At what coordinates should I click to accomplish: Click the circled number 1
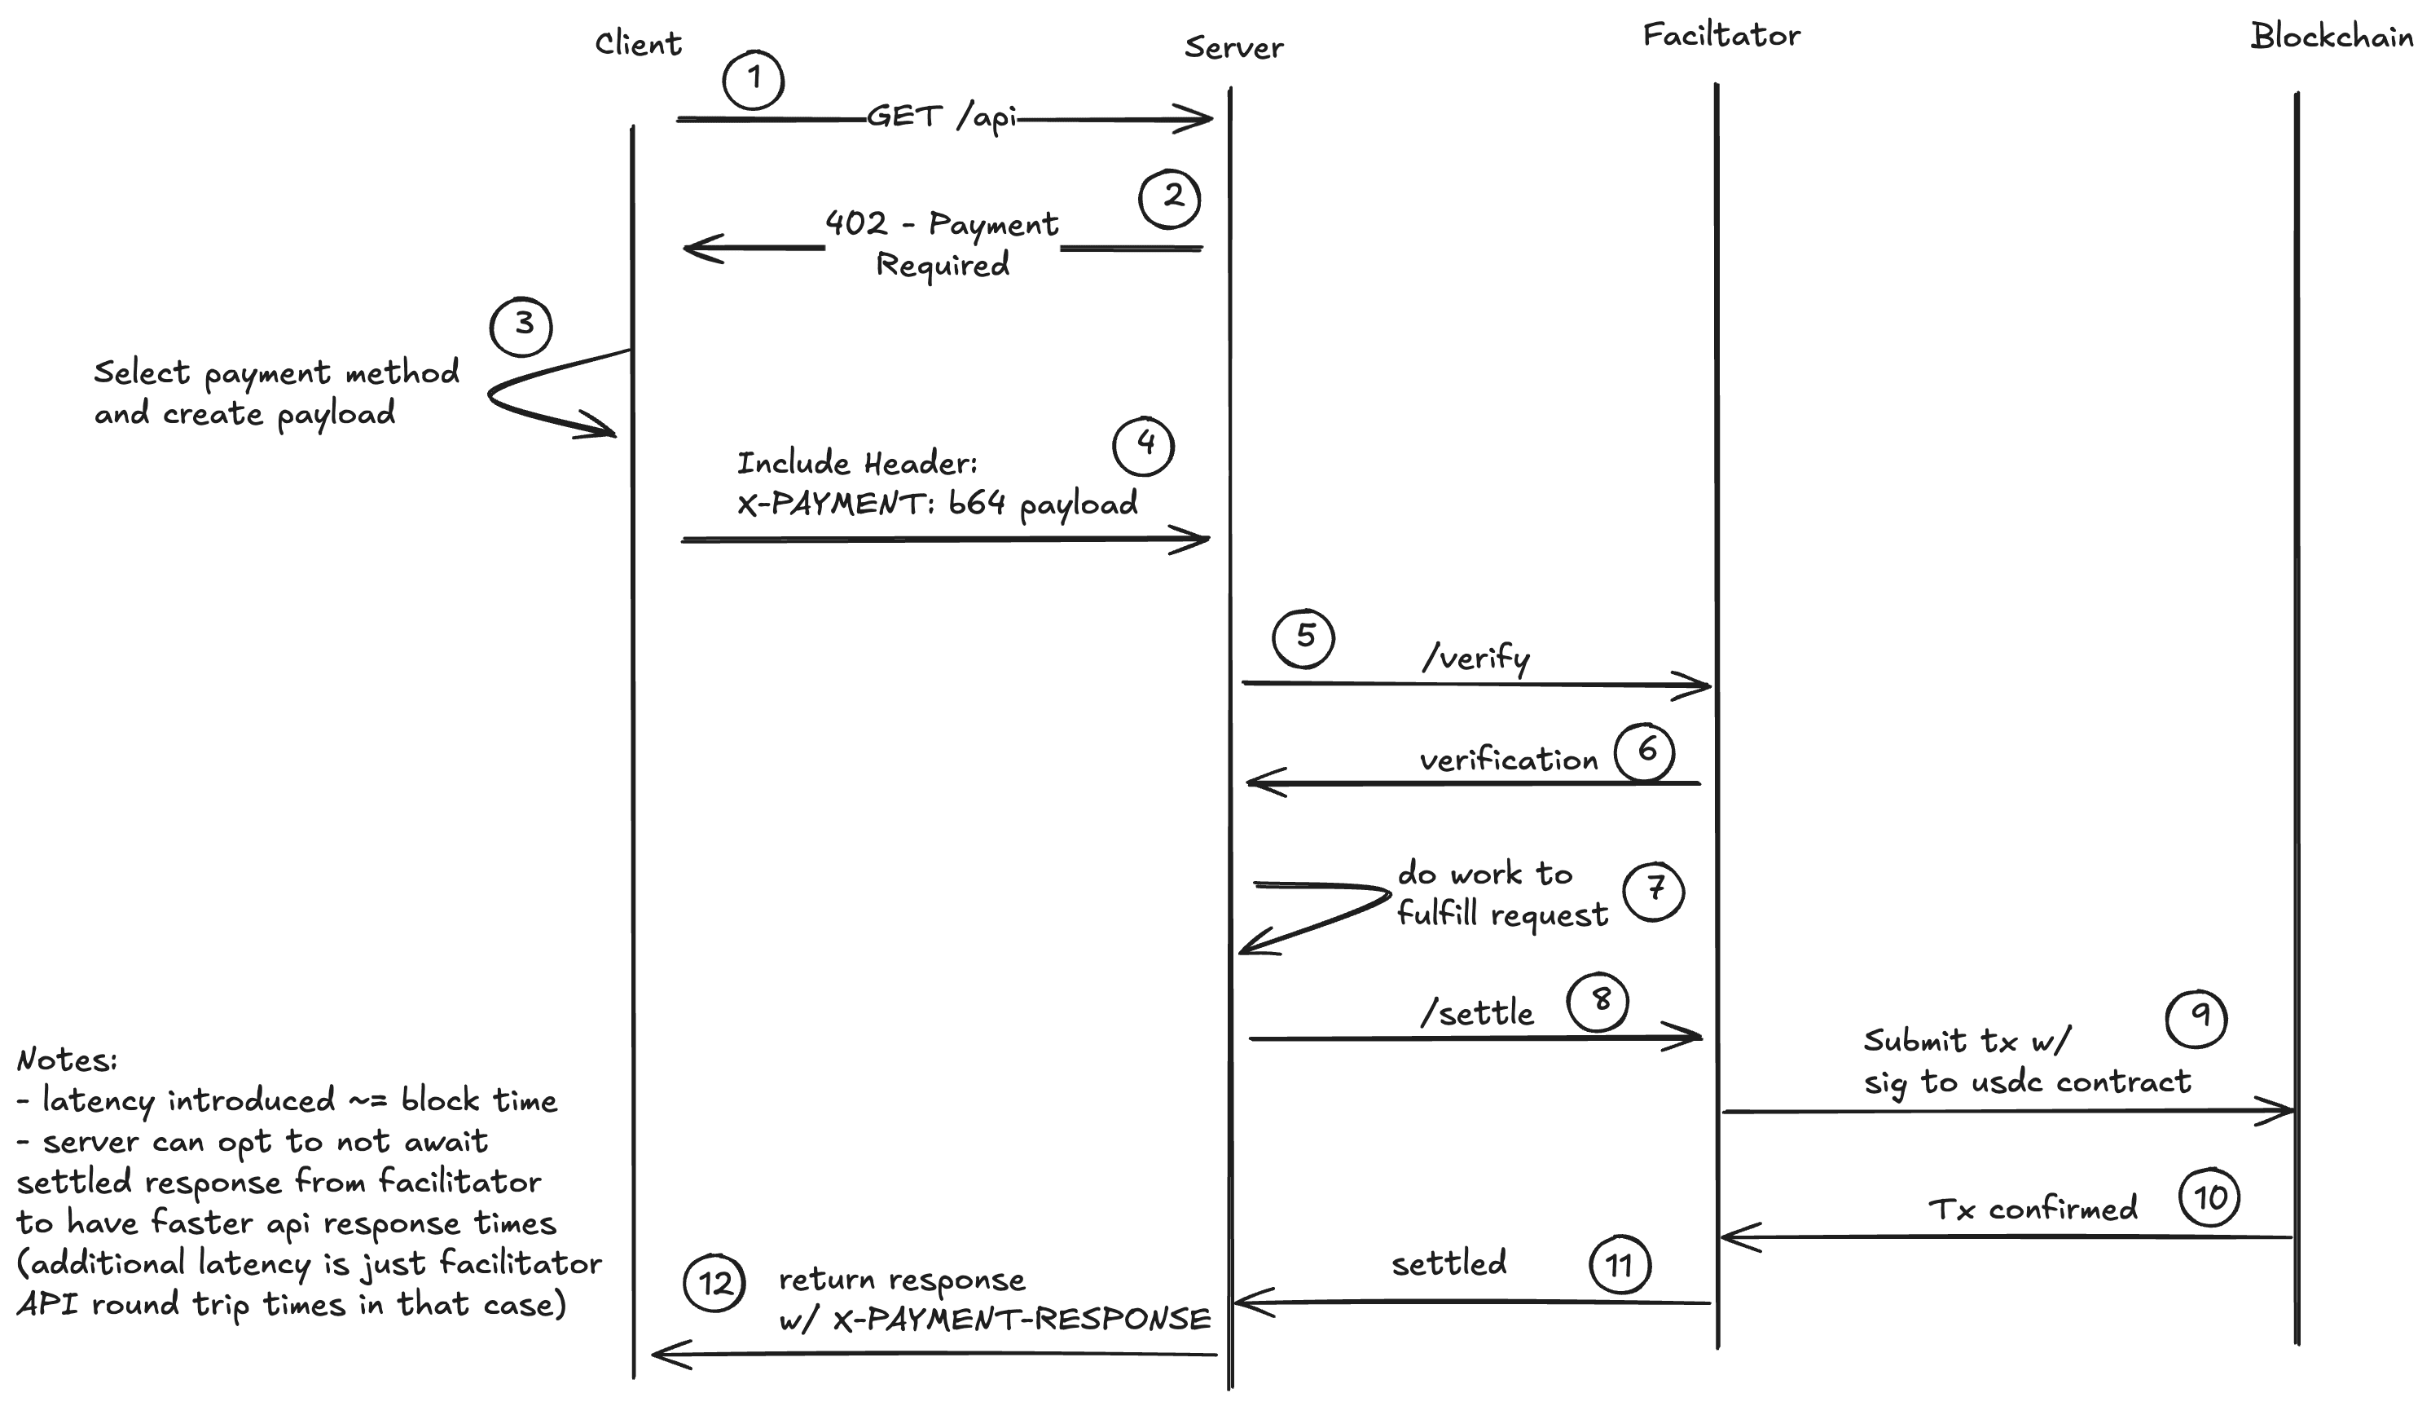click(753, 79)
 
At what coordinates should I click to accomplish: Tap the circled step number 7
click(1654, 891)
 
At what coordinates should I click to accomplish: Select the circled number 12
click(714, 1284)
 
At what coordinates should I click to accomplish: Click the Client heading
click(638, 43)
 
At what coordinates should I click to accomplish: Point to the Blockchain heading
click(2331, 37)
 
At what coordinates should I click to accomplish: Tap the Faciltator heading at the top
click(1721, 36)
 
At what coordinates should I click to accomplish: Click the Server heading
click(1233, 47)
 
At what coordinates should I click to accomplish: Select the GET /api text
click(942, 117)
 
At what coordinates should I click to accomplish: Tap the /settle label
click(1477, 1013)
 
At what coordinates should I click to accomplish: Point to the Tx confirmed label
click(2033, 1209)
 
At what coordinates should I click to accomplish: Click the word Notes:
click(67, 1060)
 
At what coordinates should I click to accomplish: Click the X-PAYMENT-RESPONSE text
click(1021, 1319)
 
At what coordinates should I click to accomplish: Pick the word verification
click(1509, 760)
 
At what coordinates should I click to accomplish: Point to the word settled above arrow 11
click(1449, 1263)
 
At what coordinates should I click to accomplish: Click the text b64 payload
click(1043, 503)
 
